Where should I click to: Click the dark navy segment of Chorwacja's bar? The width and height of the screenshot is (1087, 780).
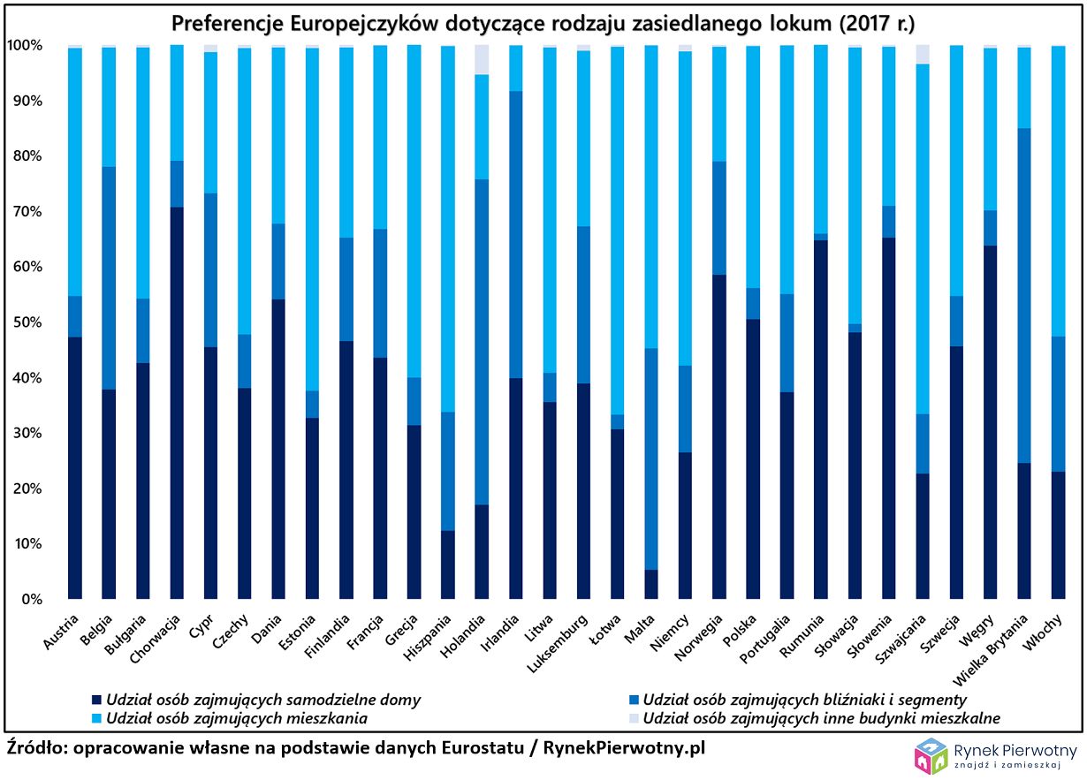coord(177,403)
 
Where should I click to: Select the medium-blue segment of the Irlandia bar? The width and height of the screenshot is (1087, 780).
coord(516,234)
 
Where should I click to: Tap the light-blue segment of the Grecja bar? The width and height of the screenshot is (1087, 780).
coord(414,211)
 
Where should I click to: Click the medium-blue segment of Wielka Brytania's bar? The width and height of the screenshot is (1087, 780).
coord(1024,295)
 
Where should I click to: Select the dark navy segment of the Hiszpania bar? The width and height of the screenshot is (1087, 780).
coord(448,564)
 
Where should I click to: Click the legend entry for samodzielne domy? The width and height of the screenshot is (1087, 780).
coord(262,700)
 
